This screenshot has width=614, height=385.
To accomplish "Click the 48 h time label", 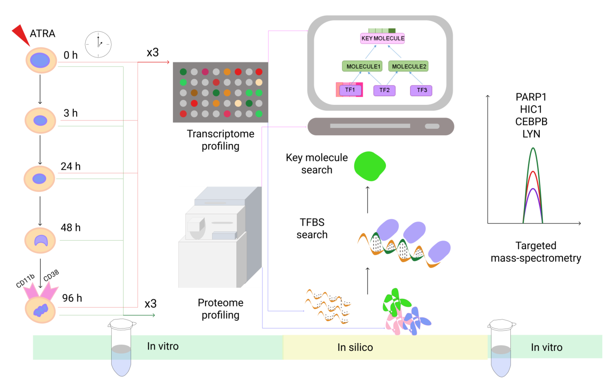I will coord(70,227).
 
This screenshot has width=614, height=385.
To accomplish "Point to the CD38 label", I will coord(51,275).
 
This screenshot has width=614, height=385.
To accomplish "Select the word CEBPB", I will coord(531,122).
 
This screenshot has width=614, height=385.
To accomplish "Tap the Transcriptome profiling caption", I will coord(220,140).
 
